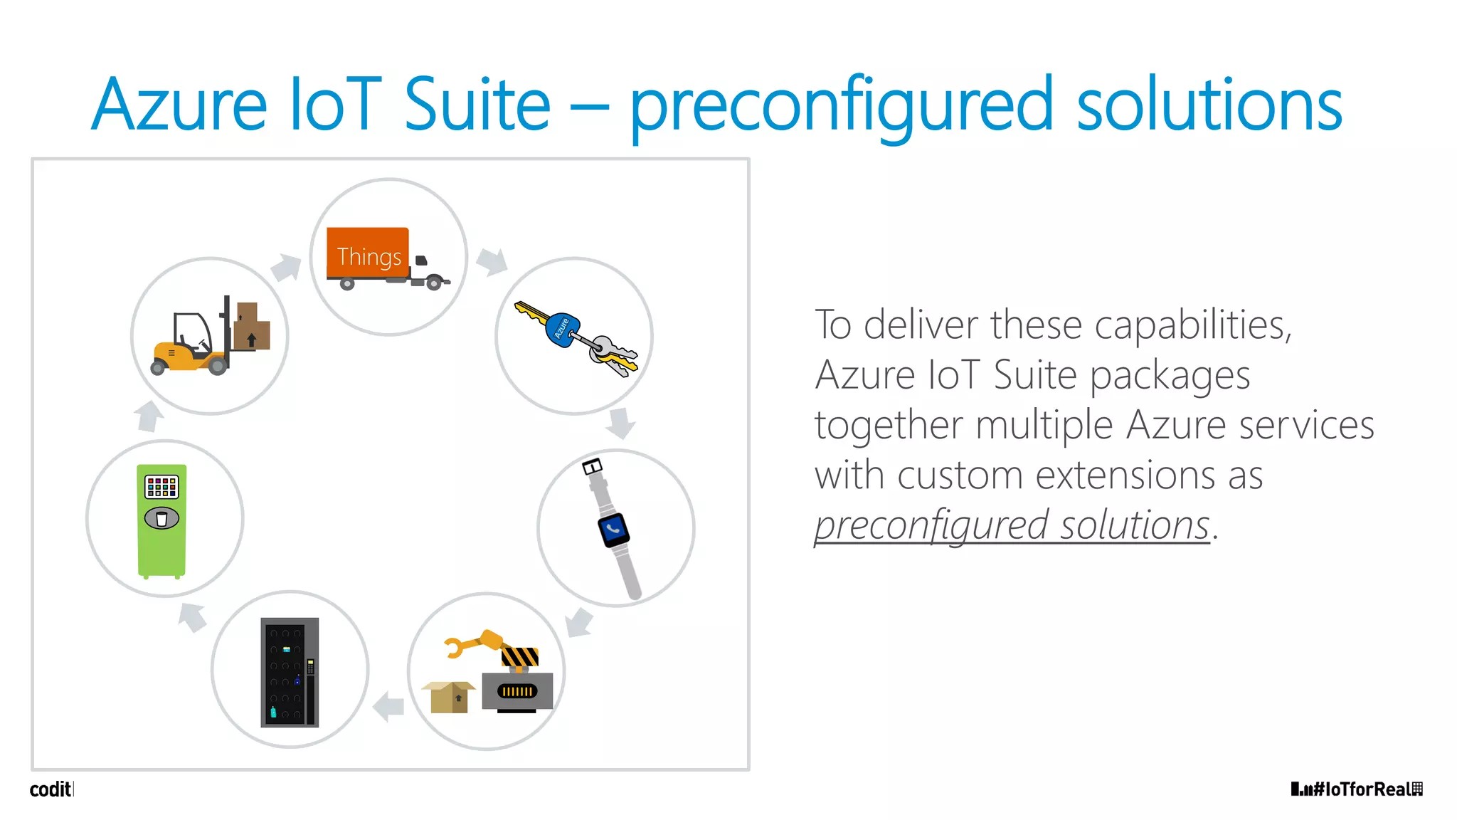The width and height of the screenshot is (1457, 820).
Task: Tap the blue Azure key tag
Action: click(x=562, y=329)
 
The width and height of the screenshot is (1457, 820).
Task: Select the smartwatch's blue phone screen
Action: click(x=613, y=530)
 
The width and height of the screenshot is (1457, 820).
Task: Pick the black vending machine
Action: click(x=290, y=672)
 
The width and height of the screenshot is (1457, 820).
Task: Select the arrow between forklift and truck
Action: click(x=287, y=268)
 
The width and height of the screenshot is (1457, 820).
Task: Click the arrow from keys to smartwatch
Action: click(x=620, y=423)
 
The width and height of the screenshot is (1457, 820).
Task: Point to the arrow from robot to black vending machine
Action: click(x=389, y=706)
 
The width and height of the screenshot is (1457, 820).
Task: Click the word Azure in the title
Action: click(x=179, y=105)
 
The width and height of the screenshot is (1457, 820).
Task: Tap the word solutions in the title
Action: click(x=1209, y=105)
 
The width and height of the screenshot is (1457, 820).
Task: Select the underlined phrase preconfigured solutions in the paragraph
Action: click(x=1012, y=525)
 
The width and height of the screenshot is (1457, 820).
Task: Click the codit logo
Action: click(x=51, y=789)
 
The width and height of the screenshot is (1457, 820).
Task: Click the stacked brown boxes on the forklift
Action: click(x=250, y=326)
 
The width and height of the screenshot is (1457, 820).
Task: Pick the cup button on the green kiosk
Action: click(x=161, y=518)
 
